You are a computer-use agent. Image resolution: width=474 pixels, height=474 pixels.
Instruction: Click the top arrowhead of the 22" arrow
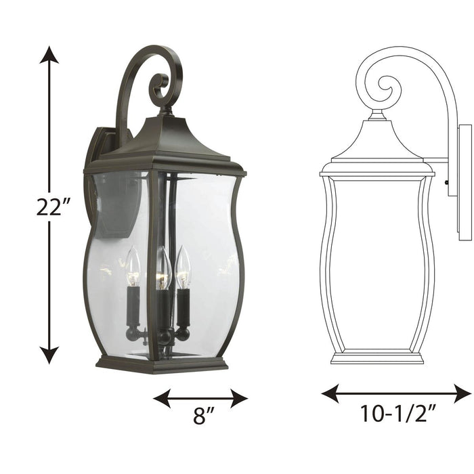point(49,54)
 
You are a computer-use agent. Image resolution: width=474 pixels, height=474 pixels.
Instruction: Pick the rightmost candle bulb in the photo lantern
point(183,267)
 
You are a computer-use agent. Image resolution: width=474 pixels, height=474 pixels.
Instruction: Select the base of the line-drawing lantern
point(376,357)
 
